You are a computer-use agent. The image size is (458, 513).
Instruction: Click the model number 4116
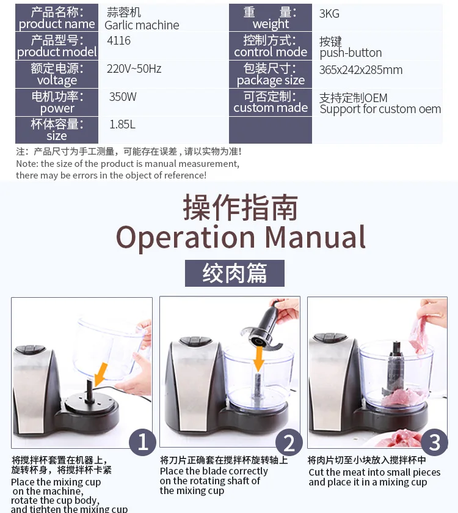[x=118, y=40]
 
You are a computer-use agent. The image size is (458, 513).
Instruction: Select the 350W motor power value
[x=123, y=97]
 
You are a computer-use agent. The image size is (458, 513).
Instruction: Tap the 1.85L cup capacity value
[x=122, y=125]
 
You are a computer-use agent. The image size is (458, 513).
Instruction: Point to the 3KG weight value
[x=329, y=13]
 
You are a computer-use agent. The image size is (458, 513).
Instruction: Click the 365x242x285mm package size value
[x=361, y=70]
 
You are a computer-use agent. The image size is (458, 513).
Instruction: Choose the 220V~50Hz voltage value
[x=134, y=68]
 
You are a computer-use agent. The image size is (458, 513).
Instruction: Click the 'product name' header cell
[x=57, y=18]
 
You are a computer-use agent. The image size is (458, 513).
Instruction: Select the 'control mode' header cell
[x=271, y=46]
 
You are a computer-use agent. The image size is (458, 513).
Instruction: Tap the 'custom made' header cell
[x=271, y=102]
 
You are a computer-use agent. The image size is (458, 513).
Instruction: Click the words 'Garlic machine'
[x=142, y=25]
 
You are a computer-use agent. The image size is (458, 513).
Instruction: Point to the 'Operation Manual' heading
[x=241, y=237]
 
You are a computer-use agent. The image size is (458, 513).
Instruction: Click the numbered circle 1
[x=142, y=442]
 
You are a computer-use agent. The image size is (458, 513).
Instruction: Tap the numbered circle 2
[x=289, y=443]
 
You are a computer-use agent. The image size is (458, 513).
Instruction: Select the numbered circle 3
[x=434, y=442]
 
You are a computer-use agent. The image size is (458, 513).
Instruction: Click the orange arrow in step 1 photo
[x=100, y=374]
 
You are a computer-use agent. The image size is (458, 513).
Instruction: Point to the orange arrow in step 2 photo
[x=259, y=358]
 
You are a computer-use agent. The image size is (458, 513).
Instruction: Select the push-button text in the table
[x=351, y=53]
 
